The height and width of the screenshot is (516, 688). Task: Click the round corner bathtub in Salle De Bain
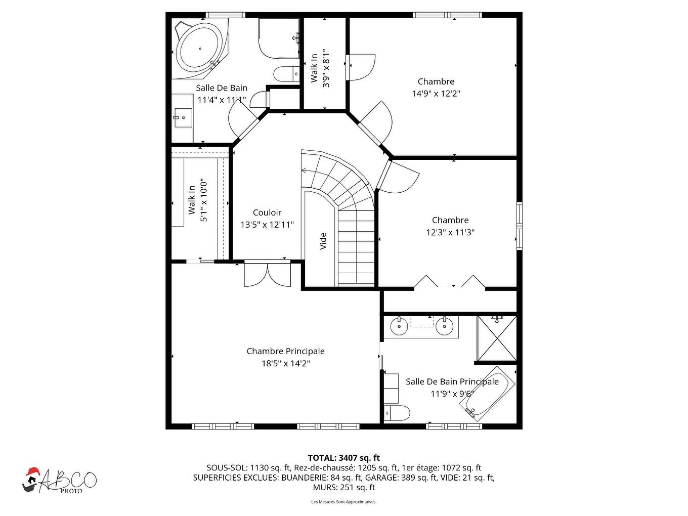(x=200, y=48)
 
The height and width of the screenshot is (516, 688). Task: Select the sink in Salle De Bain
(x=183, y=119)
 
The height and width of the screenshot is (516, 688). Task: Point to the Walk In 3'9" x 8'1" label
(x=320, y=68)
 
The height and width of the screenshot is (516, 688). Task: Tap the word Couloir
(x=267, y=212)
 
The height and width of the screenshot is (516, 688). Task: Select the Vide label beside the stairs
(x=323, y=241)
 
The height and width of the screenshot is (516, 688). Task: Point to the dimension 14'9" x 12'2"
(x=436, y=94)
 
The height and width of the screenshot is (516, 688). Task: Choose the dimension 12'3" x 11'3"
(x=450, y=232)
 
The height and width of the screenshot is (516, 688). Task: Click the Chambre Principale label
(x=286, y=351)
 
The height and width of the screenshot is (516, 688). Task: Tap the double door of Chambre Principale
(x=268, y=274)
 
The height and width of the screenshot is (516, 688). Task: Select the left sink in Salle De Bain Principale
(x=400, y=326)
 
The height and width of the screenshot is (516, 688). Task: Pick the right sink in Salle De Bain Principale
(x=444, y=326)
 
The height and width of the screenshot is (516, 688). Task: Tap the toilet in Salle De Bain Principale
(x=397, y=413)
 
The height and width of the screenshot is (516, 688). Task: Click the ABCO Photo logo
(x=59, y=480)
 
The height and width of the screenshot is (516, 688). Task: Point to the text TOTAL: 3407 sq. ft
(x=344, y=458)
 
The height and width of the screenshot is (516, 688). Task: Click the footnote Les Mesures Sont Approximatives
(x=344, y=502)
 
